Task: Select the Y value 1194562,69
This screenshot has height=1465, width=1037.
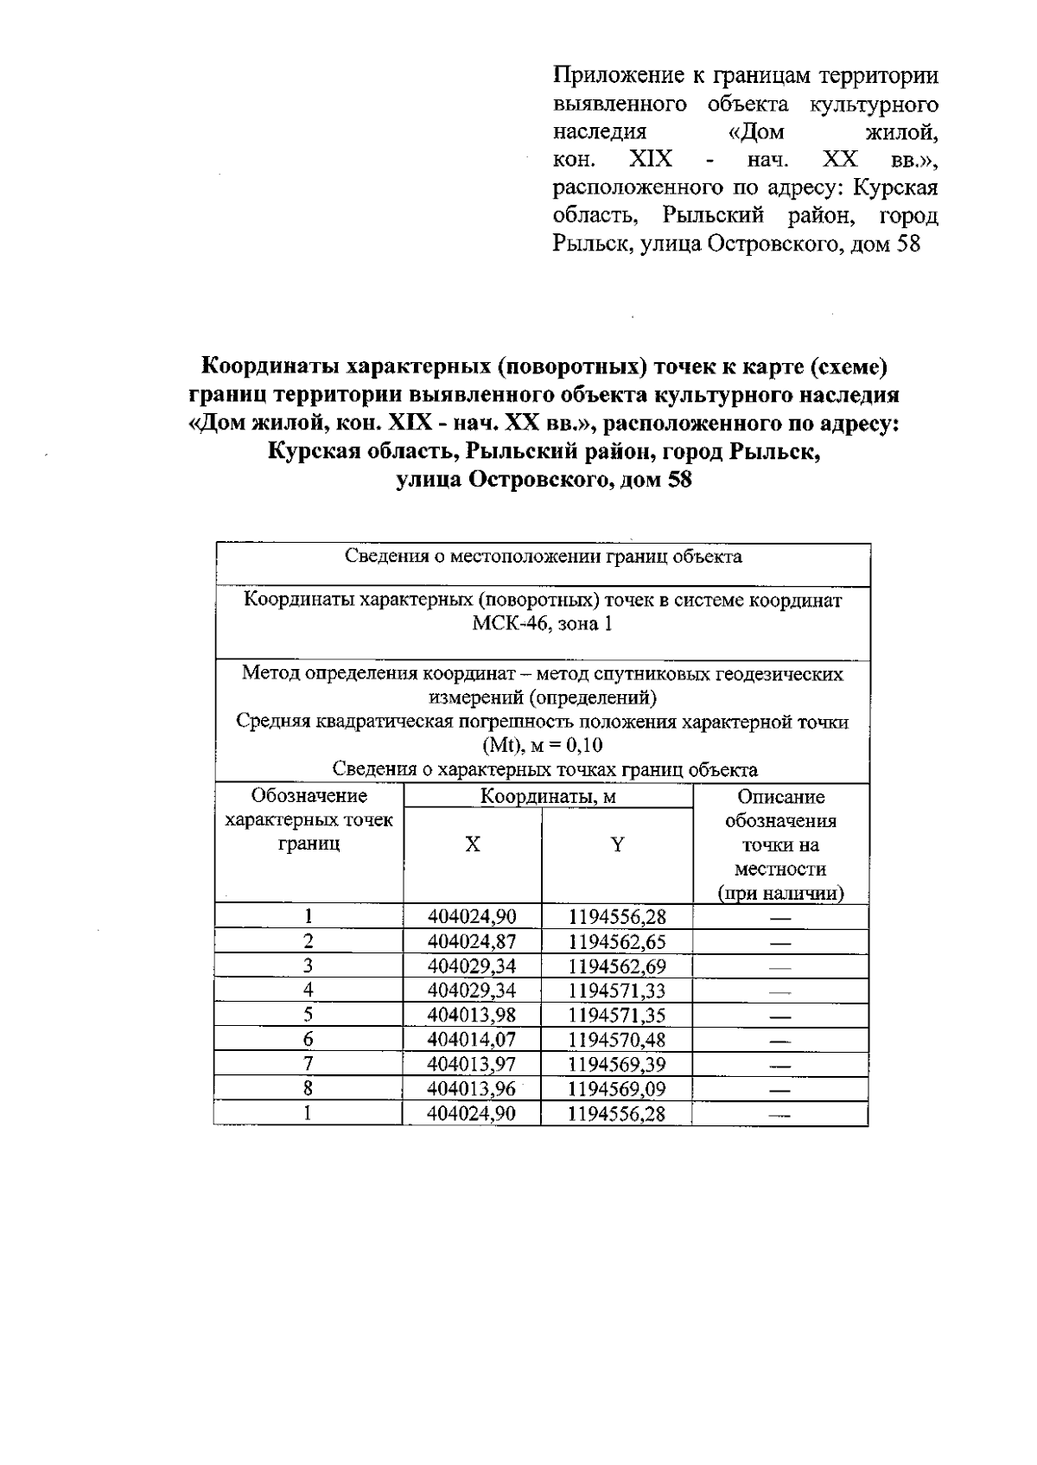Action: pyautogui.click(x=617, y=965)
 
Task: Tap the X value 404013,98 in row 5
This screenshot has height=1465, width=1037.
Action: pyautogui.click(x=472, y=1015)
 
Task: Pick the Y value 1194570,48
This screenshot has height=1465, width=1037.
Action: pyautogui.click(x=617, y=1039)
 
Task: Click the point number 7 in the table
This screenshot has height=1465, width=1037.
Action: pyautogui.click(x=308, y=1064)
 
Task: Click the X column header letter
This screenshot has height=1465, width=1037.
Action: pyautogui.click(x=472, y=845)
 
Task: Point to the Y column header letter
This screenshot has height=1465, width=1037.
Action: pyautogui.click(x=617, y=845)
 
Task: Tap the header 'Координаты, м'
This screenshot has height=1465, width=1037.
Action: pyautogui.click(x=548, y=797)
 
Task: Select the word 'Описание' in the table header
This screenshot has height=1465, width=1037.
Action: pyautogui.click(x=780, y=797)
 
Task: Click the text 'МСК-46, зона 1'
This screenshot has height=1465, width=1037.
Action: pyautogui.click(x=542, y=624)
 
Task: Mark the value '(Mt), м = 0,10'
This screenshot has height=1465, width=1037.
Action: pyautogui.click(x=542, y=746)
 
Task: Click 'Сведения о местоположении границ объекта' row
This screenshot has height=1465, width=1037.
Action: pyautogui.click(x=542, y=557)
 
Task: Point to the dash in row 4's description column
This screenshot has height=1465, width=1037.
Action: pyautogui.click(x=780, y=991)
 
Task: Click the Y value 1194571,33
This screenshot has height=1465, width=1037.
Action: pyautogui.click(x=617, y=990)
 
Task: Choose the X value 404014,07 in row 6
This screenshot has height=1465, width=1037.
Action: pyautogui.click(x=472, y=1039)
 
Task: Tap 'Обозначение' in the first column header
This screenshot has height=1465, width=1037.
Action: pyautogui.click(x=308, y=796)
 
